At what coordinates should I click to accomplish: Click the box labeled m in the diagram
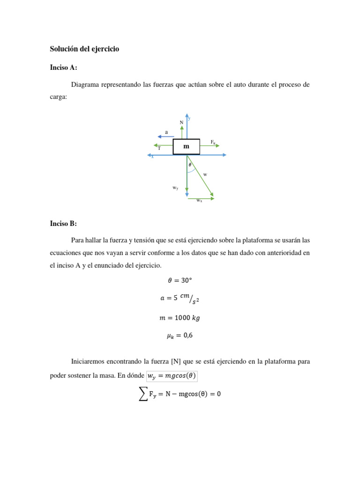186,147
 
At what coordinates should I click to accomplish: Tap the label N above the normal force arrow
181,123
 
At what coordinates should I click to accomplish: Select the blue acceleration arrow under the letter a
165,136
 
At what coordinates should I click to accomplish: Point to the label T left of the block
159,148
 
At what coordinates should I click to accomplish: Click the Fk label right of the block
213,142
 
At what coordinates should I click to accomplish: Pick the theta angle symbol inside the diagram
190,165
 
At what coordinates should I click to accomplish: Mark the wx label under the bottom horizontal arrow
199,201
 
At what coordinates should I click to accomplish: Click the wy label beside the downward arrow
175,187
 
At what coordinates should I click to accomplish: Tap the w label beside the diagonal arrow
205,174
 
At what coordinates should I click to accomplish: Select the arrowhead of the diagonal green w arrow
212,194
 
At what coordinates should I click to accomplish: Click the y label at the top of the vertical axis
189,118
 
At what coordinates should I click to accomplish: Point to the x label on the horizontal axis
152,157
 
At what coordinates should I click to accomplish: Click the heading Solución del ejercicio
84,49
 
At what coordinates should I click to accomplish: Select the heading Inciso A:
63,67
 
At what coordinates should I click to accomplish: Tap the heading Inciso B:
63,223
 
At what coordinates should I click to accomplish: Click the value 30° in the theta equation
187,280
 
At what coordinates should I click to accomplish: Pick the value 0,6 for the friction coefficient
187,336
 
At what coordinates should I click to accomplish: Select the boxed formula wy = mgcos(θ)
171,376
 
